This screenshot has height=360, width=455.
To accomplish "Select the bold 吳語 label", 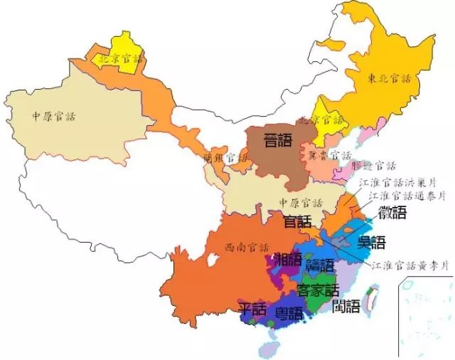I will coord(371,242).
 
